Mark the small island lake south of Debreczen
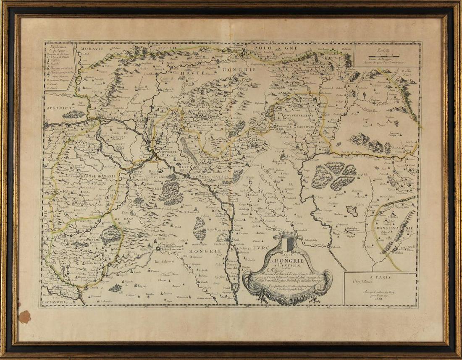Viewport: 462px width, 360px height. (352, 211)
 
